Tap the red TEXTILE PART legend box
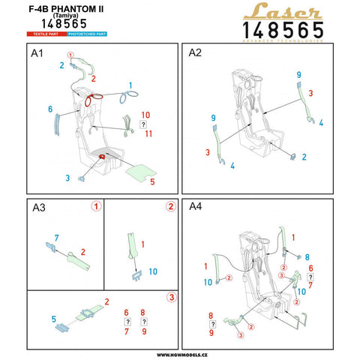[x=44, y=34]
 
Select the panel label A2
[x=195, y=55]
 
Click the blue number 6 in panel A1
[x=50, y=110]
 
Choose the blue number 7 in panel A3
[x=55, y=238]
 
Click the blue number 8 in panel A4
[x=307, y=257]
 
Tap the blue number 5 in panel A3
[x=53, y=319]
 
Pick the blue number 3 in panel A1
[x=67, y=178]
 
